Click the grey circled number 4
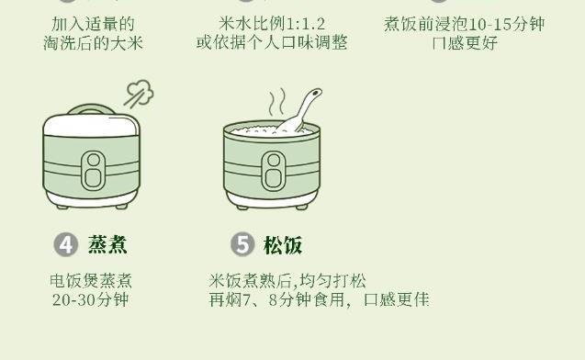(66, 244)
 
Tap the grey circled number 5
(242, 244)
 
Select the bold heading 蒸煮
(107, 244)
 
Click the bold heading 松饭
(283, 244)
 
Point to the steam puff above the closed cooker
(140, 92)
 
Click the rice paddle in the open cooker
(300, 111)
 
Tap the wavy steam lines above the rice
(276, 101)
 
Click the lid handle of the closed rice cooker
(91, 108)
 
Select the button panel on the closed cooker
(93, 171)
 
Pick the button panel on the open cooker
(274, 171)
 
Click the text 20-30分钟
(90, 299)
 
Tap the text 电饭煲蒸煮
(91, 280)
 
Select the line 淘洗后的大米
(93, 42)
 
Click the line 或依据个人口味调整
(272, 42)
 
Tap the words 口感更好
(465, 42)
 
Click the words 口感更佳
(396, 299)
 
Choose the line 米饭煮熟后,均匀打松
(287, 281)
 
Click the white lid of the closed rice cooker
(92, 125)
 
